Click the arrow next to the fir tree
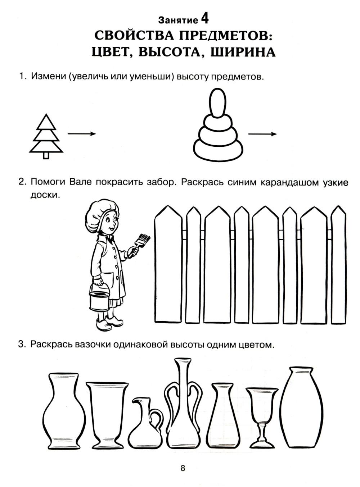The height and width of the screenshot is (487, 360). [x=82, y=134]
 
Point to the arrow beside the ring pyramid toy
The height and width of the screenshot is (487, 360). [x=262, y=134]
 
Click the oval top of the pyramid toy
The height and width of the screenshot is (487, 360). [x=217, y=103]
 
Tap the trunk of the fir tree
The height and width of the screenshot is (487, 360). [x=46, y=155]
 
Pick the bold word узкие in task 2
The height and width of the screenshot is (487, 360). [x=335, y=183]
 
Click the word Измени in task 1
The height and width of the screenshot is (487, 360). [x=48, y=76]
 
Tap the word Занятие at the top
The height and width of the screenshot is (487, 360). [x=178, y=20]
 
